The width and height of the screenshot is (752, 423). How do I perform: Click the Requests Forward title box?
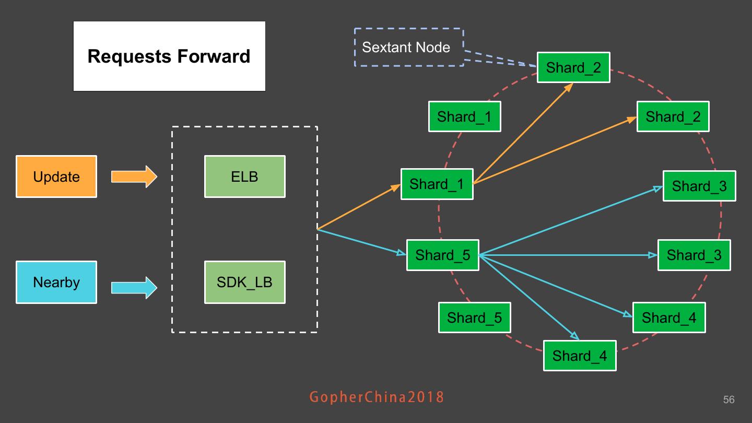(169, 56)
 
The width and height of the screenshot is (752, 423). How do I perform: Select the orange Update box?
(56, 177)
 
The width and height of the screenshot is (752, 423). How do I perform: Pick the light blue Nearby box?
(56, 282)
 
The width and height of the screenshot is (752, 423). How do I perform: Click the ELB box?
(244, 177)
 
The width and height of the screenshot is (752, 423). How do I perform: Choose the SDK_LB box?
(244, 282)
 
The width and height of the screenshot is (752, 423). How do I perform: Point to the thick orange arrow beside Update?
(134, 177)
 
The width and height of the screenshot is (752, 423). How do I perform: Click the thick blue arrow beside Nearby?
(134, 287)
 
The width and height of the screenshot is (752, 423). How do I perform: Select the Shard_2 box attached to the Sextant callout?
(573, 67)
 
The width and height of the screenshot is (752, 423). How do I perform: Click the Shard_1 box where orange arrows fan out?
(437, 184)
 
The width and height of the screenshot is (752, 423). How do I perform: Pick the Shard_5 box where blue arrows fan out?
(442, 255)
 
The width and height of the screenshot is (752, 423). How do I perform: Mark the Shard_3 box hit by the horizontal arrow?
(694, 255)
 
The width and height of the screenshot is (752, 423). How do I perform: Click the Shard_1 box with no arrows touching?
(464, 116)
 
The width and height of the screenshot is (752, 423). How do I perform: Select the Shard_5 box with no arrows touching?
(474, 318)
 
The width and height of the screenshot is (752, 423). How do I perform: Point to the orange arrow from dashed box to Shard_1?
(359, 207)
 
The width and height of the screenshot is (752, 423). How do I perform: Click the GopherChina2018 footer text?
(377, 397)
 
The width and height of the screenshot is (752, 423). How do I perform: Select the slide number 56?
(728, 399)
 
